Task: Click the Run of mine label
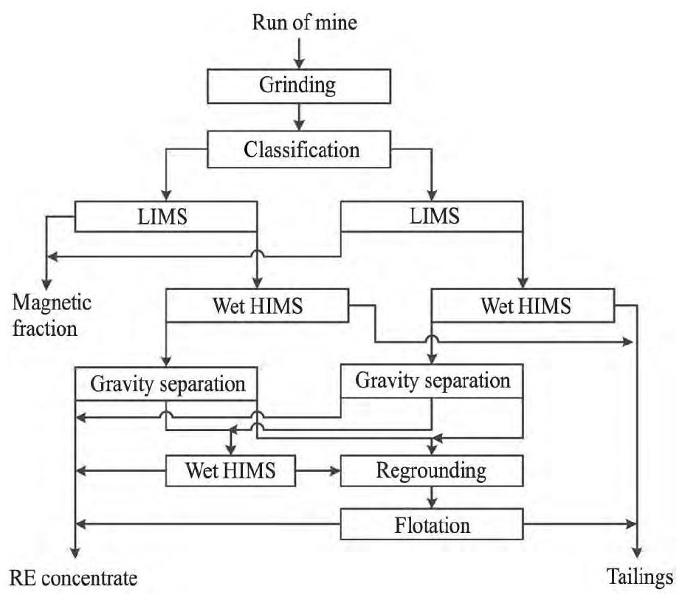(304, 21)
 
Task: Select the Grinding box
(297, 85)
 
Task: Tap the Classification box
(302, 149)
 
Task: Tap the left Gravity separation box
(168, 384)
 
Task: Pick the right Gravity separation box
(432, 382)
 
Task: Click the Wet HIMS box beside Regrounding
(230, 470)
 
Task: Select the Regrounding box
(431, 470)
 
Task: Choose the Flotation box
(431, 526)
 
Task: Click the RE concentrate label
(74, 577)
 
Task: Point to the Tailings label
(640, 577)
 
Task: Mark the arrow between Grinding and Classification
(297, 117)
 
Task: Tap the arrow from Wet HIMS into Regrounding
(317, 470)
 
